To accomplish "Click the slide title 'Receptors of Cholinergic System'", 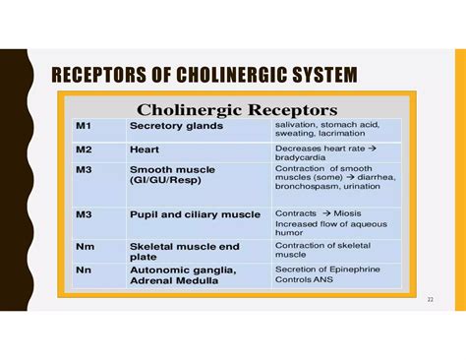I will pyautogui.click(x=204, y=75).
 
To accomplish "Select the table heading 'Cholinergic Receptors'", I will pyautogui.click(x=238, y=108).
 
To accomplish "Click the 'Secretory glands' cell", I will pyautogui.click(x=176, y=127).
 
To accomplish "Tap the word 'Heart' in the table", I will pyautogui.click(x=145, y=150).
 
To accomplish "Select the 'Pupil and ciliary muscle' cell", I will pyautogui.click(x=195, y=213).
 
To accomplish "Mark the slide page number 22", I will pyautogui.click(x=430, y=300).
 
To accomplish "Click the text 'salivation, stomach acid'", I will pyautogui.click(x=326, y=124).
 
